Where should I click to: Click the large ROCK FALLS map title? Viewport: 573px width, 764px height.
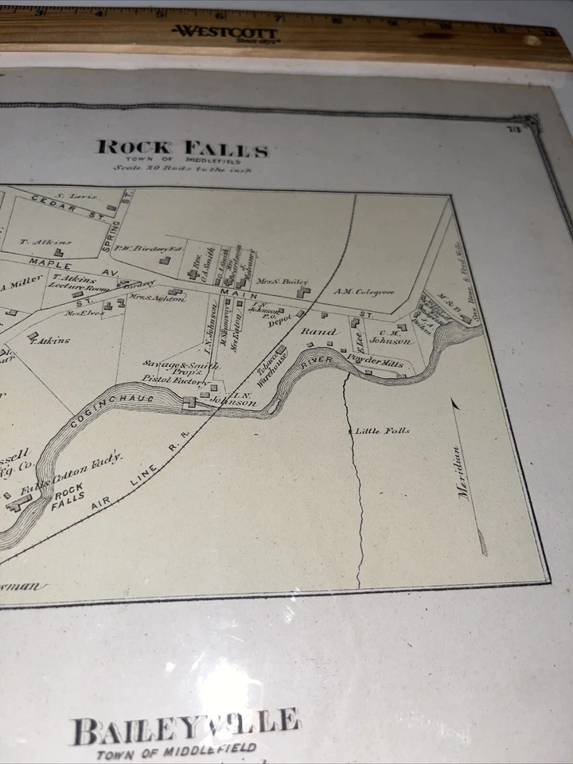click(x=182, y=149)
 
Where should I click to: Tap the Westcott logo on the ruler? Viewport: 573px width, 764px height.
click(x=225, y=33)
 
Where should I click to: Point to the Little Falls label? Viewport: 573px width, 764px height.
click(x=383, y=431)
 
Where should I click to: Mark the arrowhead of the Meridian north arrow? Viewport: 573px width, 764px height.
click(x=456, y=404)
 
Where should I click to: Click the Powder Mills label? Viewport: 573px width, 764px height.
click(x=376, y=360)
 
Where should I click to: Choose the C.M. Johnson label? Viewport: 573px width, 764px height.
click(x=395, y=337)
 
